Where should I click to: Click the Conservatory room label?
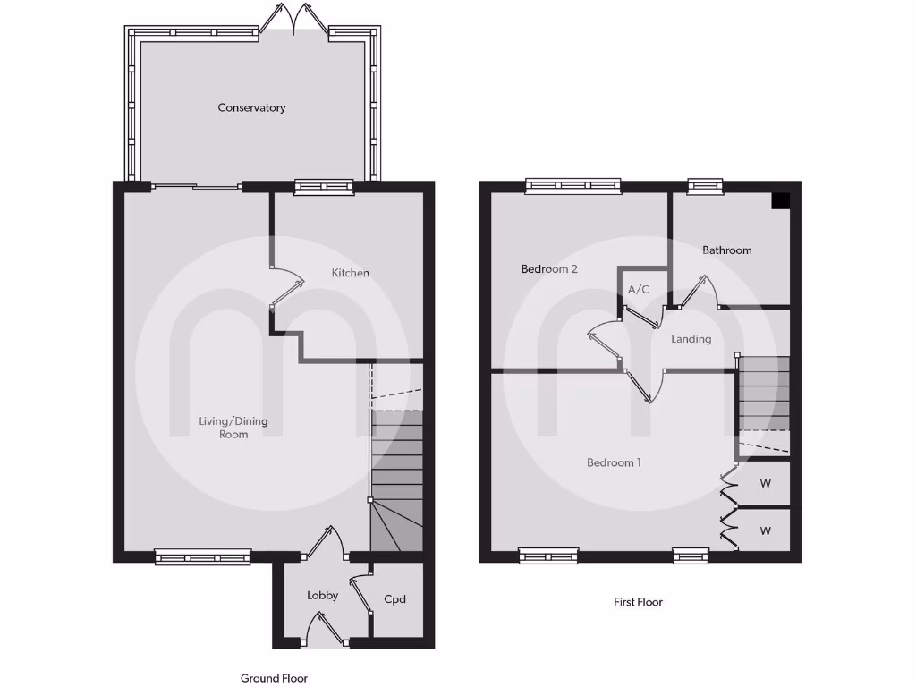click(252, 107)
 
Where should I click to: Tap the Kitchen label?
click(351, 273)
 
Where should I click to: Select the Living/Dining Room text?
click(233, 428)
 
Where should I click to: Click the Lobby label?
click(322, 595)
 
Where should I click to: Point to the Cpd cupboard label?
click(394, 598)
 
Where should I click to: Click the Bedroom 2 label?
click(549, 268)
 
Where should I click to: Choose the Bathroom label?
click(726, 250)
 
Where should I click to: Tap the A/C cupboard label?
click(639, 290)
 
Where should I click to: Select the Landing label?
click(691, 339)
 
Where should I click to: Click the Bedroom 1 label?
click(614, 462)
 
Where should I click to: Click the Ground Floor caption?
click(274, 678)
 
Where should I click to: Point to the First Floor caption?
click(638, 602)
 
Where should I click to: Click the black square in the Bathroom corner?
click(780, 201)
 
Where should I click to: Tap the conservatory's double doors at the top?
click(295, 18)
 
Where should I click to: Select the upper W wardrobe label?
click(766, 484)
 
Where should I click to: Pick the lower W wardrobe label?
click(766, 530)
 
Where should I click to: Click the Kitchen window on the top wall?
click(324, 187)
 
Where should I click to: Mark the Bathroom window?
click(705, 186)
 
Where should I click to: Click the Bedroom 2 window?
click(572, 186)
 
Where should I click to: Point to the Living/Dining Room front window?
click(203, 556)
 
